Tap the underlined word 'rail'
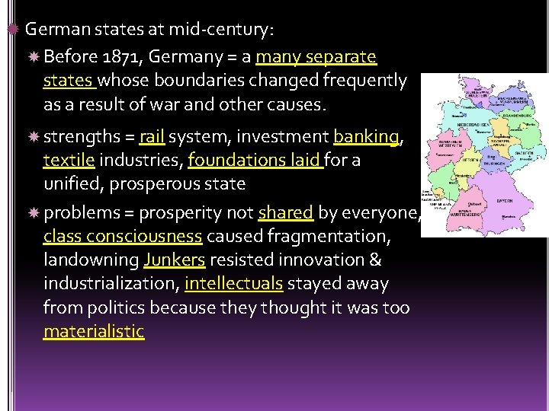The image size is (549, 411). point(152,137)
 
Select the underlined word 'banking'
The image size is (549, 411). point(366,137)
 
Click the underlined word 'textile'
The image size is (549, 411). point(69,161)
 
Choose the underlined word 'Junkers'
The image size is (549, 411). point(174,260)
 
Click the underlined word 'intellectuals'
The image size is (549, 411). point(233,284)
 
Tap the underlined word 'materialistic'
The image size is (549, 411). point(94,332)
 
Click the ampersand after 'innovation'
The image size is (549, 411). point(374,260)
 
